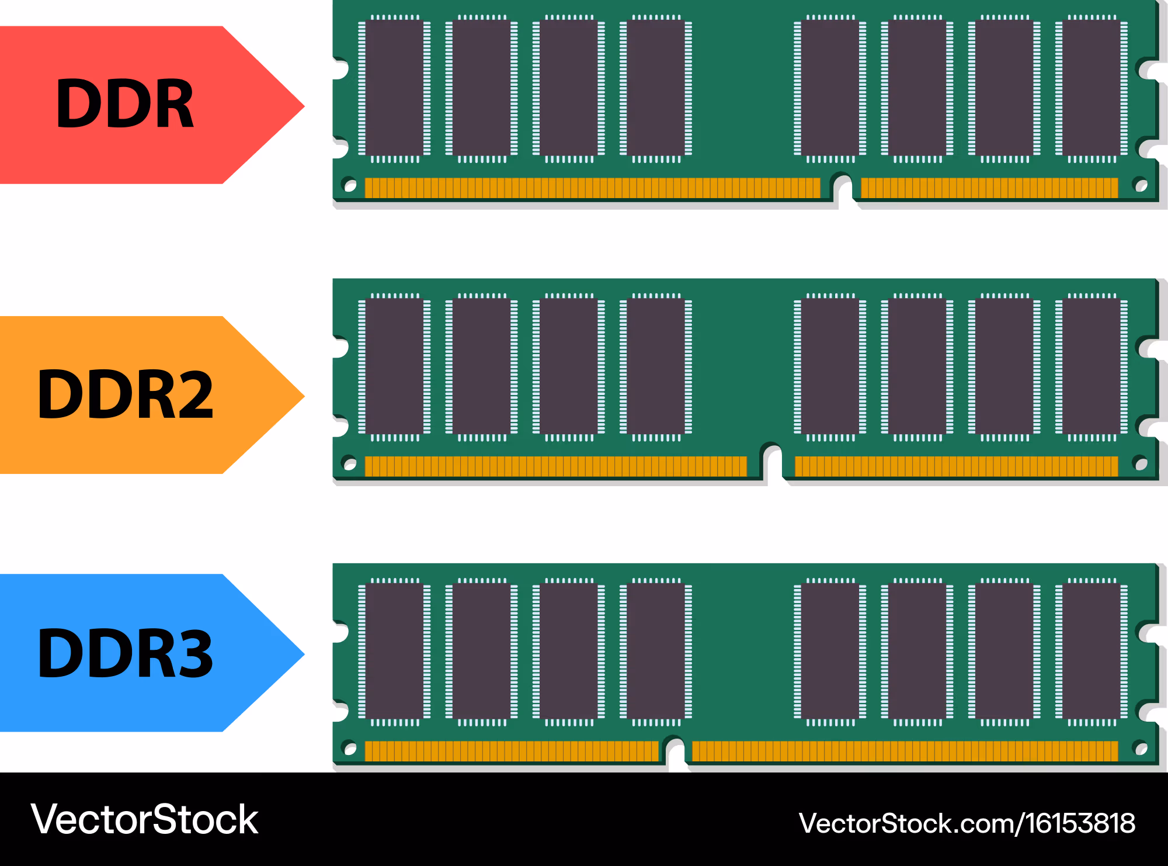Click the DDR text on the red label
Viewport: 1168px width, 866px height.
125,104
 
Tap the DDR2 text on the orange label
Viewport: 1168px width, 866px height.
126,395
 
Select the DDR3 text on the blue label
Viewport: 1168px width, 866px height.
126,653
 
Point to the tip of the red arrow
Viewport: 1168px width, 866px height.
304,106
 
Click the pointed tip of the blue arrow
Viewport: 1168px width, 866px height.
304,654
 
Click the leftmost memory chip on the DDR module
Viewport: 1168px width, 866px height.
394,88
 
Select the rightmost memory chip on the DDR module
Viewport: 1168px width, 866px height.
1091,88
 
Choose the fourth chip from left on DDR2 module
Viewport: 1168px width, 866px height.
656,367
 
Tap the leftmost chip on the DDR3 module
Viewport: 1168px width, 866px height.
394,652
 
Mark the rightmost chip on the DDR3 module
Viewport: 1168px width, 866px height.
1091,652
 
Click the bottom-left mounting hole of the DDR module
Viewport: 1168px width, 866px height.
350,185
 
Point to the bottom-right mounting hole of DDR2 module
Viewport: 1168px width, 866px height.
1140,463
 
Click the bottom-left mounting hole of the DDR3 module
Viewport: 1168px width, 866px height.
350,749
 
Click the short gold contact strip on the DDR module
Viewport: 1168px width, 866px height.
989,188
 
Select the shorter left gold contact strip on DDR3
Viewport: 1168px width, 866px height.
512,751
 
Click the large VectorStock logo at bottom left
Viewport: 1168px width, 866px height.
144,819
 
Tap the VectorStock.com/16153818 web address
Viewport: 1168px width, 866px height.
967,823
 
